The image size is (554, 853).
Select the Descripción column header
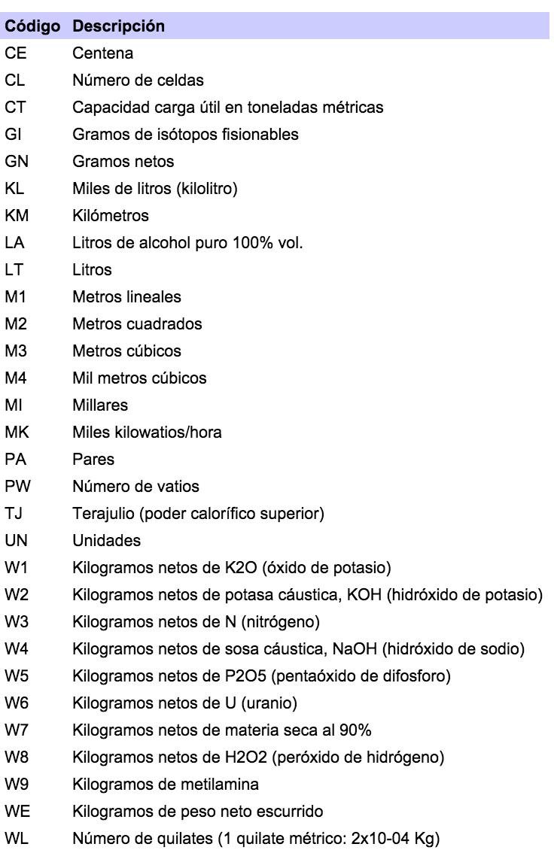(x=118, y=26)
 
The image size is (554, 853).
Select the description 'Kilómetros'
(x=111, y=216)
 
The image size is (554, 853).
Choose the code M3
(x=17, y=351)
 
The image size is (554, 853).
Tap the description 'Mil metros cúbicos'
(x=140, y=378)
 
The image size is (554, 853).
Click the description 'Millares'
(x=100, y=405)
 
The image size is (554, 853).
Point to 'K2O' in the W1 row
(x=227, y=568)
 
